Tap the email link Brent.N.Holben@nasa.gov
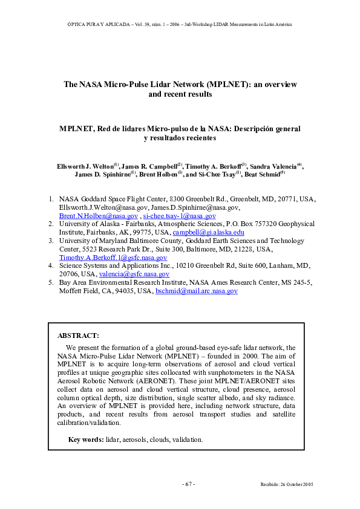[98, 216]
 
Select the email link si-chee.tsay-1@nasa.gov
[179, 216]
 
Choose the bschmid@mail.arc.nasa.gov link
[196, 291]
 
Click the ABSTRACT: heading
[78, 335]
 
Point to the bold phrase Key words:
[86, 439]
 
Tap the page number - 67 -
[188, 484]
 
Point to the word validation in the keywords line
[185, 439]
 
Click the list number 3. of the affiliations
[51, 241]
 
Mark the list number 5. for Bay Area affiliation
[51, 282]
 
